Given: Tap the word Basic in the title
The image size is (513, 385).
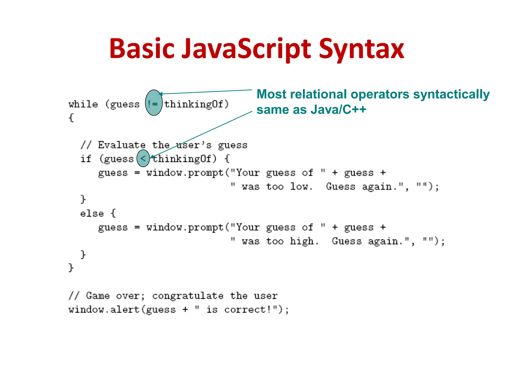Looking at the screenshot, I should pos(142,49).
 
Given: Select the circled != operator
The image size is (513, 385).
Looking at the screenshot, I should pos(154,103).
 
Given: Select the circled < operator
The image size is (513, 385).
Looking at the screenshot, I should pos(143,158).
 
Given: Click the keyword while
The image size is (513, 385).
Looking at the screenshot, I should pos(83,104).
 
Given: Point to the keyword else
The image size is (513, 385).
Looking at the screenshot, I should pos(92,214).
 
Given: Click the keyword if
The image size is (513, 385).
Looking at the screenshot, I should pos(86,159).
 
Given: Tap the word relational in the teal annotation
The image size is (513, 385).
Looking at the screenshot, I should pos(319,94).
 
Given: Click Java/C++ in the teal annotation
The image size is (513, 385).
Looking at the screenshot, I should pos(338,110).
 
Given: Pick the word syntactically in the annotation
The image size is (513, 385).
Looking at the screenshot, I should pos(451,94).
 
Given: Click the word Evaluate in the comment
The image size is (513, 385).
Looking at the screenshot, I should pos(122,145).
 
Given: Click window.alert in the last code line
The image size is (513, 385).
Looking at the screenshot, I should pos(104,310).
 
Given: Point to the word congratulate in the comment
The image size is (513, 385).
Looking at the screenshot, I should pos(188,296).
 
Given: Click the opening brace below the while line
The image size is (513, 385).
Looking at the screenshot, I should pos(71,118).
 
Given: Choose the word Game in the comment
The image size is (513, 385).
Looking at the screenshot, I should pos(98,296).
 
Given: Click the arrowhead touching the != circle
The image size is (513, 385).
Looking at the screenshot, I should pos(161,94).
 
